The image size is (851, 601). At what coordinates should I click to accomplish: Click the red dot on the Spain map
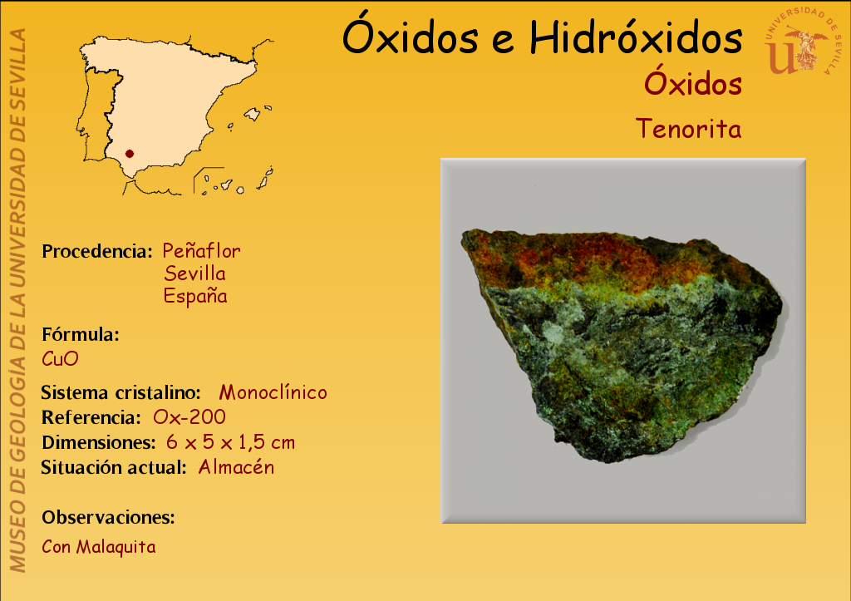129,154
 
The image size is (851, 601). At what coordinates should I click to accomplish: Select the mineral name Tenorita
689,129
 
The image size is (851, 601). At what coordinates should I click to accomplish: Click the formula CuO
60,358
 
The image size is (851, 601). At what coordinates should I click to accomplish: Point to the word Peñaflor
201,251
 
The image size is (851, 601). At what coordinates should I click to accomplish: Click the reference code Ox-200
189,417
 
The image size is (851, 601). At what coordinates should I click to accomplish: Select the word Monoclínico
273,392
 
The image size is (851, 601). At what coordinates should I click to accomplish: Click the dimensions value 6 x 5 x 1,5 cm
231,442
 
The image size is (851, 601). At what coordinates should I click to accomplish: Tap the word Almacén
236,467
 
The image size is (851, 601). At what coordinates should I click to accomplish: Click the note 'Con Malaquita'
99,547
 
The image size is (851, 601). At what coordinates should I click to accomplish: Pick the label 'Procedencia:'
97,251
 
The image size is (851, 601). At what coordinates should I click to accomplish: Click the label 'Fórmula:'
81,334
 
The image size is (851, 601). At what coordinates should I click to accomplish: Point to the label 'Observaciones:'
109,517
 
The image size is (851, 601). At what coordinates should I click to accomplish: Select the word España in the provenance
195,297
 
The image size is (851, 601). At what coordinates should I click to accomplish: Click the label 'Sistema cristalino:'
121,392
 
